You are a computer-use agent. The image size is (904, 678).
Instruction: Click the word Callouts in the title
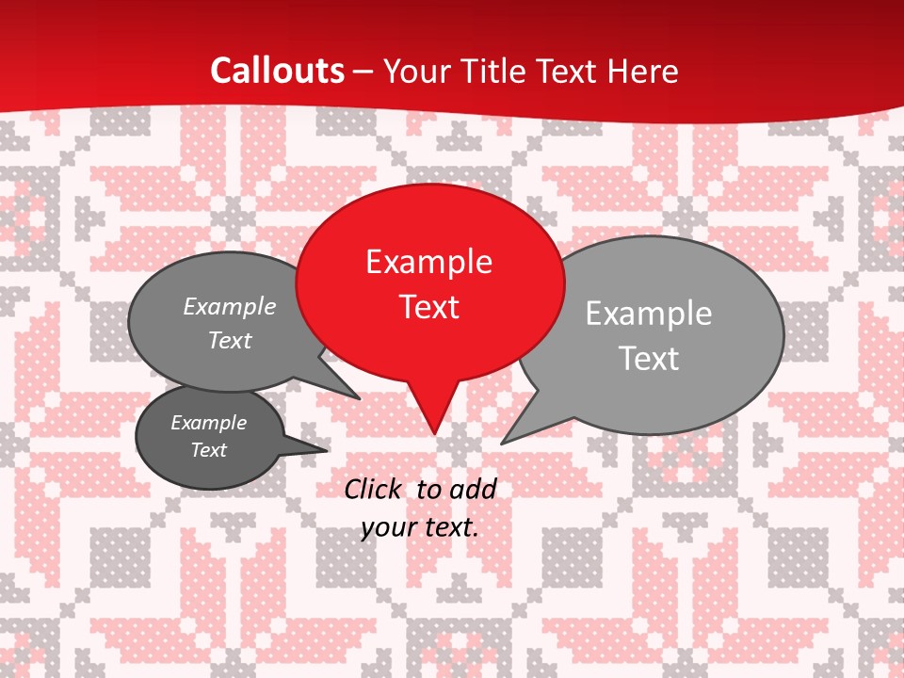(277, 71)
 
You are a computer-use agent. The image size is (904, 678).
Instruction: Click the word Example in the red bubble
(428, 262)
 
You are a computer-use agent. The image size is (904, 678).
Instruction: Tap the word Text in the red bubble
(428, 307)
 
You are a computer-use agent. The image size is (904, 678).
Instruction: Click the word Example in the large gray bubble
(648, 314)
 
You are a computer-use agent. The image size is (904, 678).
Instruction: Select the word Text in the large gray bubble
(648, 359)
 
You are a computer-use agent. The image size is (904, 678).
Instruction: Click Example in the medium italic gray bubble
(230, 307)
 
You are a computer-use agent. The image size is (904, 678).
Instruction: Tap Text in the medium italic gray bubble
(230, 341)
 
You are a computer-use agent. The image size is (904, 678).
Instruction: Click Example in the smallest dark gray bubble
(208, 423)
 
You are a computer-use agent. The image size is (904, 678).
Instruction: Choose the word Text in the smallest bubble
(208, 450)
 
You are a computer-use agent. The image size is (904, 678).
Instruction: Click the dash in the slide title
(363, 72)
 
